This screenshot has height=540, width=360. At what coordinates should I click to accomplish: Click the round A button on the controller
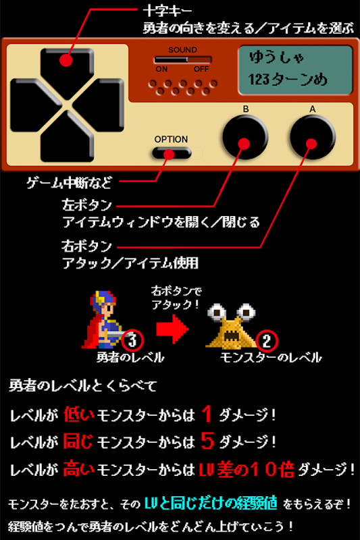pos(313,137)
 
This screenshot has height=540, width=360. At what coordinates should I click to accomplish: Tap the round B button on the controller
pos(245,137)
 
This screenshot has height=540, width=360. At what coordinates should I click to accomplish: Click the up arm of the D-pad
pos(67,64)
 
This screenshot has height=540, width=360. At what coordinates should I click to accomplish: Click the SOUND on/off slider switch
pos(182,59)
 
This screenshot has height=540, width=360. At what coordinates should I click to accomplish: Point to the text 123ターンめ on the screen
pos(288,80)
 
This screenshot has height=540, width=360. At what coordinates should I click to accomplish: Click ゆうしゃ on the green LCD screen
pos(276,57)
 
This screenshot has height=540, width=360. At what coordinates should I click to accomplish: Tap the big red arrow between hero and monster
pos(172,329)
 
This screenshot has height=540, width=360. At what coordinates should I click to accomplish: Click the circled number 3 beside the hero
pos(132,340)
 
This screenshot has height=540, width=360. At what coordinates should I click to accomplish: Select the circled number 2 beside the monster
pos(266,340)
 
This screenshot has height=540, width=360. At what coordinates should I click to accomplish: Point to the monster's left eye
pos(217,312)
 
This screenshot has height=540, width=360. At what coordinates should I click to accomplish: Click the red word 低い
pos(78,414)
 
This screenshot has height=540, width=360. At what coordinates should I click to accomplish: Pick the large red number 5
pos(207,441)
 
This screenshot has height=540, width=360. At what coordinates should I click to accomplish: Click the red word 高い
pos(78,468)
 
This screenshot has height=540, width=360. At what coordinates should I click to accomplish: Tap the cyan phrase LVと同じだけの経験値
pos(211,503)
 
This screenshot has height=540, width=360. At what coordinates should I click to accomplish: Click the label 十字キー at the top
pos(167,11)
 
